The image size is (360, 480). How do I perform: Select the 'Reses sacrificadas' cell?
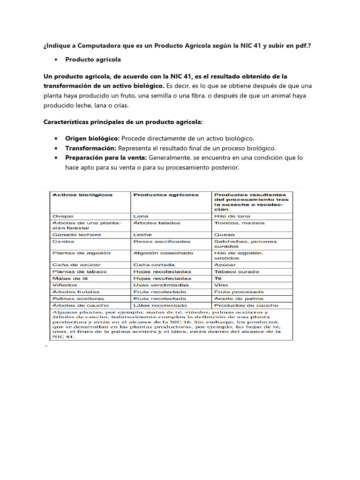pos(162,241)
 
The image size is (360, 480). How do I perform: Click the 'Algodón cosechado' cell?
pos(163,253)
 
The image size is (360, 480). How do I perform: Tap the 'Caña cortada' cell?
pos(153,265)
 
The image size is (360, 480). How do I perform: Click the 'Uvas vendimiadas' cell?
pos(161,285)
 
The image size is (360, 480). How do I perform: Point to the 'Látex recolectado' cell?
pos(160,305)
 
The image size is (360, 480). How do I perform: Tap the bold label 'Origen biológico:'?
pos(92,139)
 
